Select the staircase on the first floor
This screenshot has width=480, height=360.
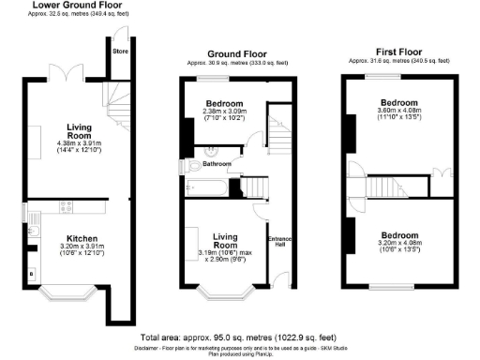tap(388, 187)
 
